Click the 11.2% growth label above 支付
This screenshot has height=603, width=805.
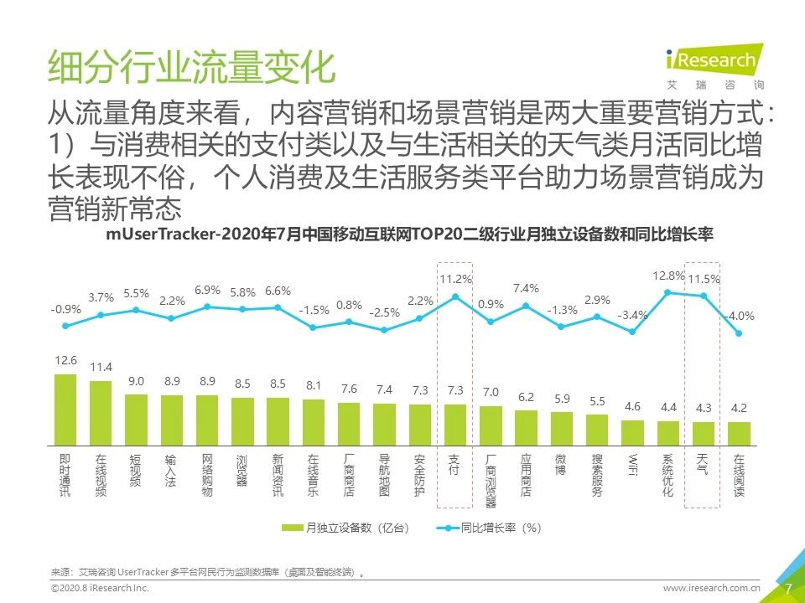tap(456, 279)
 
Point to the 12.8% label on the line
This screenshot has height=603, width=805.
tap(668, 276)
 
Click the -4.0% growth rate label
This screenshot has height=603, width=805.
tap(739, 316)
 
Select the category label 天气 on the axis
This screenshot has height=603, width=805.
tap(702, 465)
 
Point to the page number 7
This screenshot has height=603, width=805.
tap(787, 588)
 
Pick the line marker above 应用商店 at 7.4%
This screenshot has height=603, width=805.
tap(526, 306)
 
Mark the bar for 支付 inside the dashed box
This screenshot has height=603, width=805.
tap(455, 424)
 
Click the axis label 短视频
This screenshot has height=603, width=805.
tap(136, 476)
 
